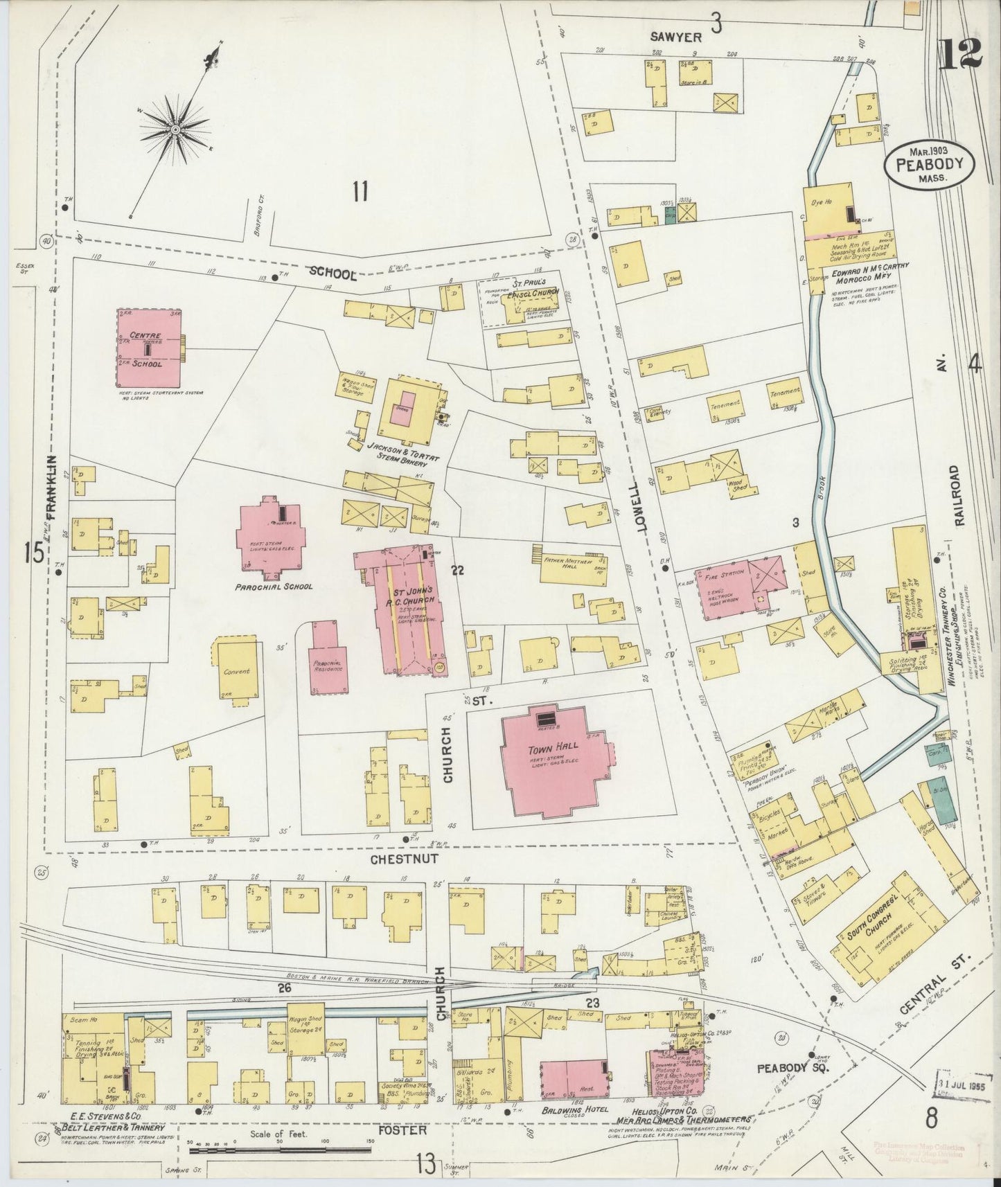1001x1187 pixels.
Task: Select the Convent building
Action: [x=236, y=672]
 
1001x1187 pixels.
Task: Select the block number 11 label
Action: [x=359, y=190]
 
